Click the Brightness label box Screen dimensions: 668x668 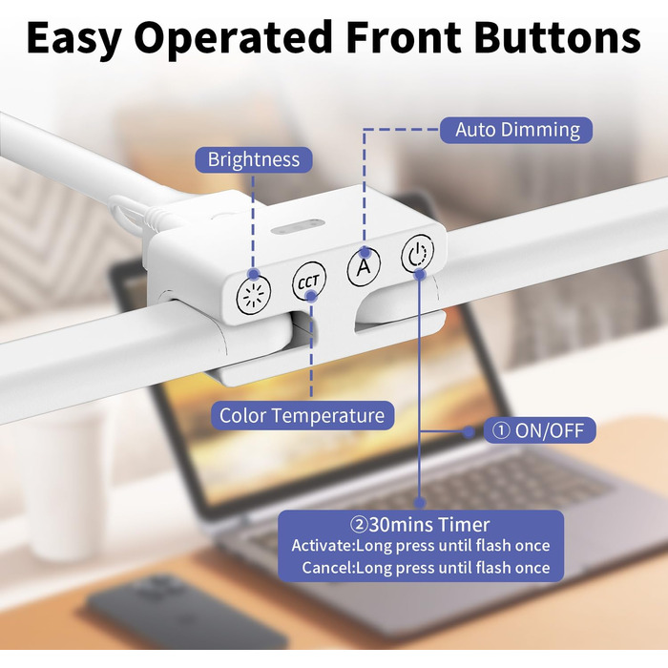254,159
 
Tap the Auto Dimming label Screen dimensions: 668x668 516,130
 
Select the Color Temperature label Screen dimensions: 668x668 303,415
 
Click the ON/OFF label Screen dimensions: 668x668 539,430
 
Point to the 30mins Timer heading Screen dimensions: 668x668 420,525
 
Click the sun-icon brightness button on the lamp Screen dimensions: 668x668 254,295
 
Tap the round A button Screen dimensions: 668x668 365,266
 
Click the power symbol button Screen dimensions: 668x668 418,254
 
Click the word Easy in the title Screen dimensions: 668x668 73,38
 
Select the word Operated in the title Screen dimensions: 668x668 233,37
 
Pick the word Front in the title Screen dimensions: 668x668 404,37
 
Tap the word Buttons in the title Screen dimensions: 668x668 557,37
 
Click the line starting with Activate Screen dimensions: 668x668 421,546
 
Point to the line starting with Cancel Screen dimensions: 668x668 426,568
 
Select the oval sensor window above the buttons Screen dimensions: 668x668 298,226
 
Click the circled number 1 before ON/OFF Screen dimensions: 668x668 501,430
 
